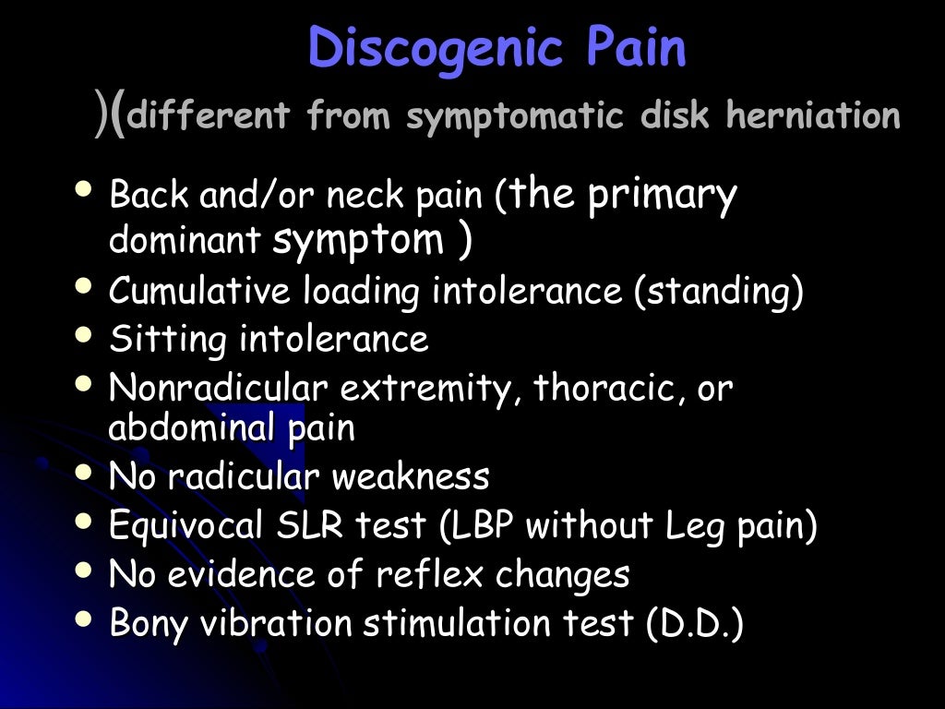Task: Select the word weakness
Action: (411, 476)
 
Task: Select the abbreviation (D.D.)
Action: (694, 623)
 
